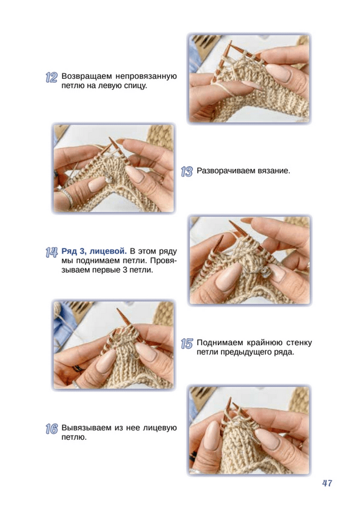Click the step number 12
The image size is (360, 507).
coord(52,78)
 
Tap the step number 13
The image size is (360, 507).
coord(187,172)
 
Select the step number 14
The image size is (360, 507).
coord(52,252)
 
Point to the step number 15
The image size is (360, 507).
coord(187,344)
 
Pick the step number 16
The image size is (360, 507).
coord(52,429)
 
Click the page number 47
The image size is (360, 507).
coord(327,483)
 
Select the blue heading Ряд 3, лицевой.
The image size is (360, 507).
coord(94,251)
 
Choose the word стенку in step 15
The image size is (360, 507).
coord(299,343)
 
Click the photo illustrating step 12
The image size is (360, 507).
coord(249,78)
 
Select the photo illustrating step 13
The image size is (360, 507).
coord(114,168)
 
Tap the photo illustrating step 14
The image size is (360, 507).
coord(249,260)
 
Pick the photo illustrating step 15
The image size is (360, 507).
coord(114,345)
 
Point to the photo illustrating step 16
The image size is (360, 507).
coord(249,430)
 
